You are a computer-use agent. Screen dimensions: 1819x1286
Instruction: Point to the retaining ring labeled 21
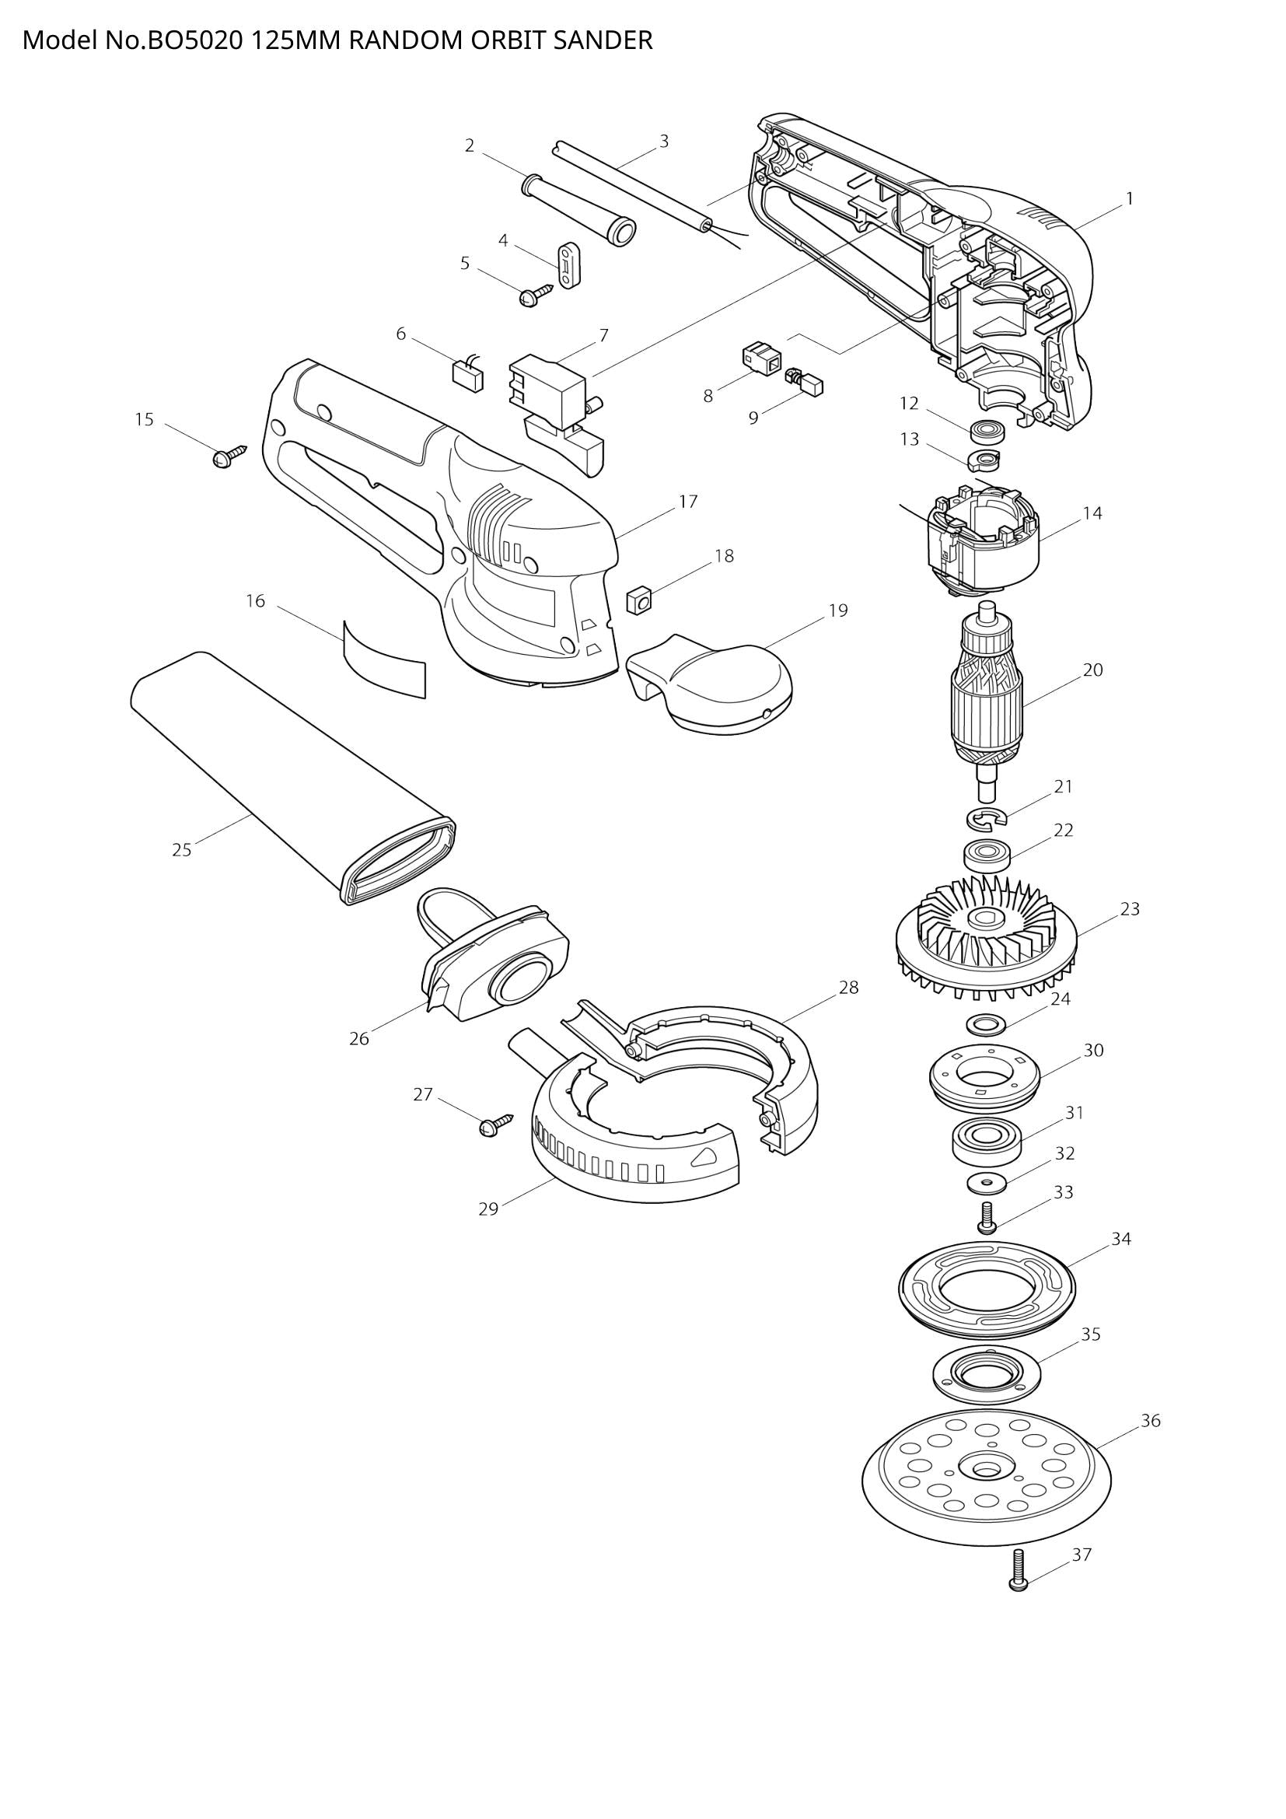(x=986, y=818)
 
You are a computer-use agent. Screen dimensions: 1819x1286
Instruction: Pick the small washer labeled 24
(x=985, y=1024)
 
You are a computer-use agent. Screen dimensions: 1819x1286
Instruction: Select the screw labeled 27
(x=494, y=1126)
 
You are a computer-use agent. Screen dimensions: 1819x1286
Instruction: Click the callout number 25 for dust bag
(x=181, y=850)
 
